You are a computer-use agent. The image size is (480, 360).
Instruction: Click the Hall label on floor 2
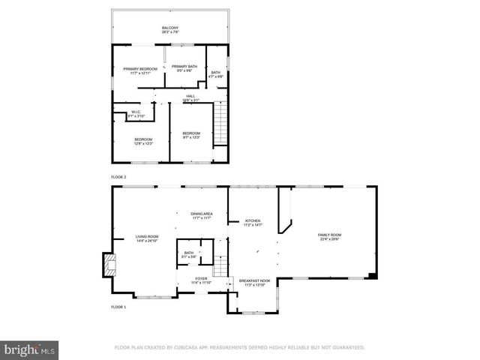click(x=190, y=97)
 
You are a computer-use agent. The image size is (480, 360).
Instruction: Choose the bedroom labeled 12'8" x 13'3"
click(x=143, y=141)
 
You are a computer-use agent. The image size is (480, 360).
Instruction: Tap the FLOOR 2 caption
click(x=118, y=176)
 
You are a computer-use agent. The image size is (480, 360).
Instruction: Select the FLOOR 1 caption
click(x=118, y=307)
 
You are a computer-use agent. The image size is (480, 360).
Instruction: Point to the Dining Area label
click(x=202, y=216)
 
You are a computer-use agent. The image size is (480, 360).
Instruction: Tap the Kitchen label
click(x=252, y=223)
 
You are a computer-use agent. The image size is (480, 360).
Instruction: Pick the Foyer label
click(x=201, y=280)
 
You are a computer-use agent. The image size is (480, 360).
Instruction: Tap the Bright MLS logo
click(x=30, y=349)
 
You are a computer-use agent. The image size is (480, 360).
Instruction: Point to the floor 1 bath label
click(x=189, y=255)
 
